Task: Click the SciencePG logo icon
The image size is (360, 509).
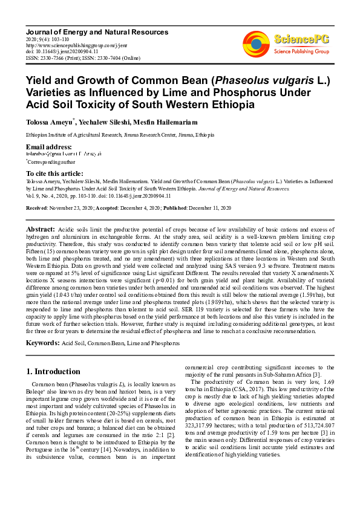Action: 257,43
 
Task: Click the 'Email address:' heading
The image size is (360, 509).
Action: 49,148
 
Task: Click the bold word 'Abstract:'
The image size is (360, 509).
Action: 40,230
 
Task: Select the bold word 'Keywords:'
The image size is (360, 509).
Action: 42,343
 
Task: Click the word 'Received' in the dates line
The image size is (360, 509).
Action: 36,207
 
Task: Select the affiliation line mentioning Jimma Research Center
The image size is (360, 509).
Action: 120,135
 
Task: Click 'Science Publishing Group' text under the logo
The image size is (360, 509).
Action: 301,52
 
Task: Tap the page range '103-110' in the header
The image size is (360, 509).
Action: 60,39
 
